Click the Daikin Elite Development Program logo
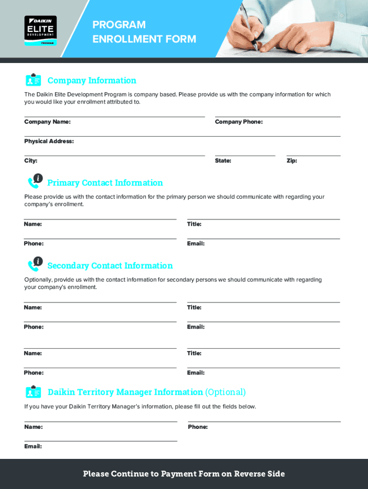(41, 31)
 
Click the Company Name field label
(47, 122)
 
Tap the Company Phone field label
(238, 122)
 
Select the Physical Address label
(49, 141)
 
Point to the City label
(31, 161)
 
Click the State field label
(223, 161)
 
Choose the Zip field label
(292, 161)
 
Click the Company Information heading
(92, 80)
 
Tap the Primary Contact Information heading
(105, 183)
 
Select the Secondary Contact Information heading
(110, 266)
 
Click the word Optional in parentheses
(225, 392)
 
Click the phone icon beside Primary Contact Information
(35, 181)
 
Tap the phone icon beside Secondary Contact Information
(35, 264)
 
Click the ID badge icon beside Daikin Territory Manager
(33, 392)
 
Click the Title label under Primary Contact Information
(194, 224)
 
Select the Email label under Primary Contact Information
(195, 244)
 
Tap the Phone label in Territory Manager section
(198, 427)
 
